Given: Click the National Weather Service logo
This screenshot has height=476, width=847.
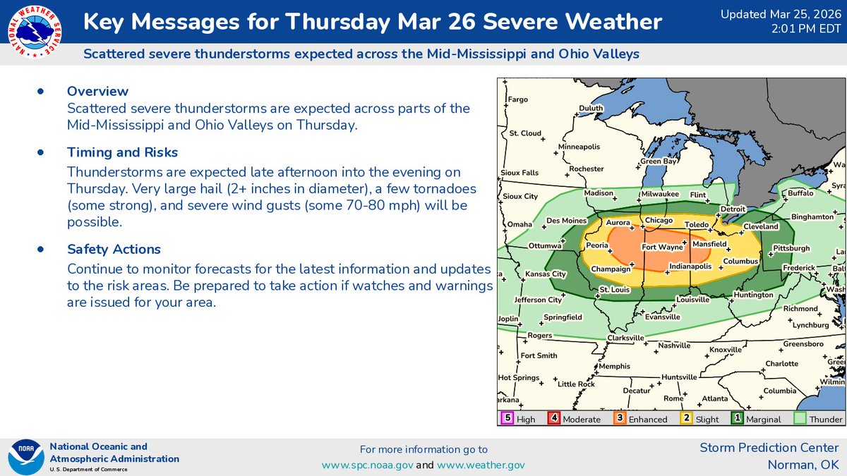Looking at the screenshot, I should point(33,32).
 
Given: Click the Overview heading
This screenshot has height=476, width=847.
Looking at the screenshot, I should point(97,91).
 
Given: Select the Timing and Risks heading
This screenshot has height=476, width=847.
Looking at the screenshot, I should point(122,152).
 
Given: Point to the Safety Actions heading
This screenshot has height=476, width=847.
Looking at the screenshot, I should point(114,249).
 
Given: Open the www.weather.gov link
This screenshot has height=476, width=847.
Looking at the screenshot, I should point(481,465).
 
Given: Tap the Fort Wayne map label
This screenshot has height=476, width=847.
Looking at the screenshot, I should point(661,248).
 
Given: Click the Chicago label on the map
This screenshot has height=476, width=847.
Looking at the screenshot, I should point(659,221).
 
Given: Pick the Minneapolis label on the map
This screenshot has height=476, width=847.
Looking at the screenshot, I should point(579,147).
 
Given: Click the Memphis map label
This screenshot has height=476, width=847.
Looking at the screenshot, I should point(614,367).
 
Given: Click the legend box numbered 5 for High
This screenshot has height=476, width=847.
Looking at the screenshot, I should point(507,418).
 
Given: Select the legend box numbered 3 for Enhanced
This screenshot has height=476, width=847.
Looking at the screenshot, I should point(619,418).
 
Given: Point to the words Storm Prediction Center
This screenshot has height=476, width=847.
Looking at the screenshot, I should point(769,448).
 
